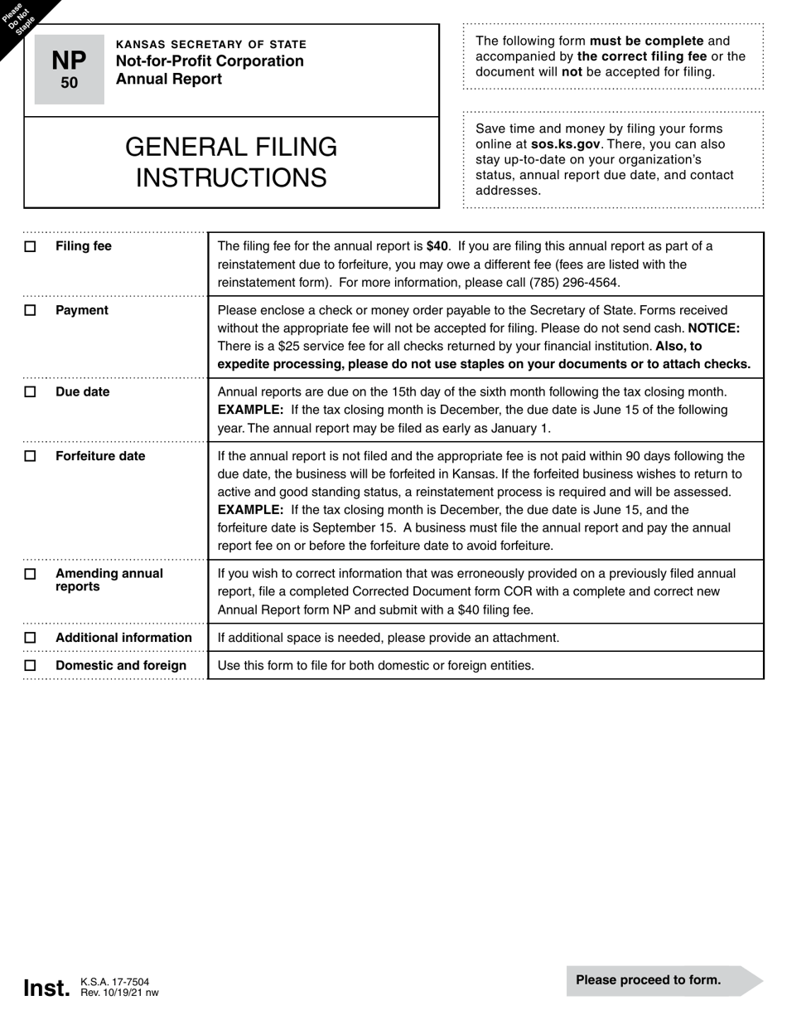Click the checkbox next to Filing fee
pos(31,247)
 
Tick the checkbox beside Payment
pos(31,311)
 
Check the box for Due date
pos(31,392)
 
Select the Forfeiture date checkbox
pos(31,457)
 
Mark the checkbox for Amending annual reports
pos(31,574)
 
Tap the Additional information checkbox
pos(31,638)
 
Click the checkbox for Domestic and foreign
pos(31,666)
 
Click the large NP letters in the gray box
pos(69,61)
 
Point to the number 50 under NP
pos(69,83)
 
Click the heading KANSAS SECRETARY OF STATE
pos(210,45)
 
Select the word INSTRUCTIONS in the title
pos(231,178)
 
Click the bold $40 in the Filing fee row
pos(437,246)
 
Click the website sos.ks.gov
pos(565,144)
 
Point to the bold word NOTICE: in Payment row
pos(713,328)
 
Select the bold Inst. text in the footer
pos(46,988)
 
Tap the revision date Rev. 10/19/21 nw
pos(119,993)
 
